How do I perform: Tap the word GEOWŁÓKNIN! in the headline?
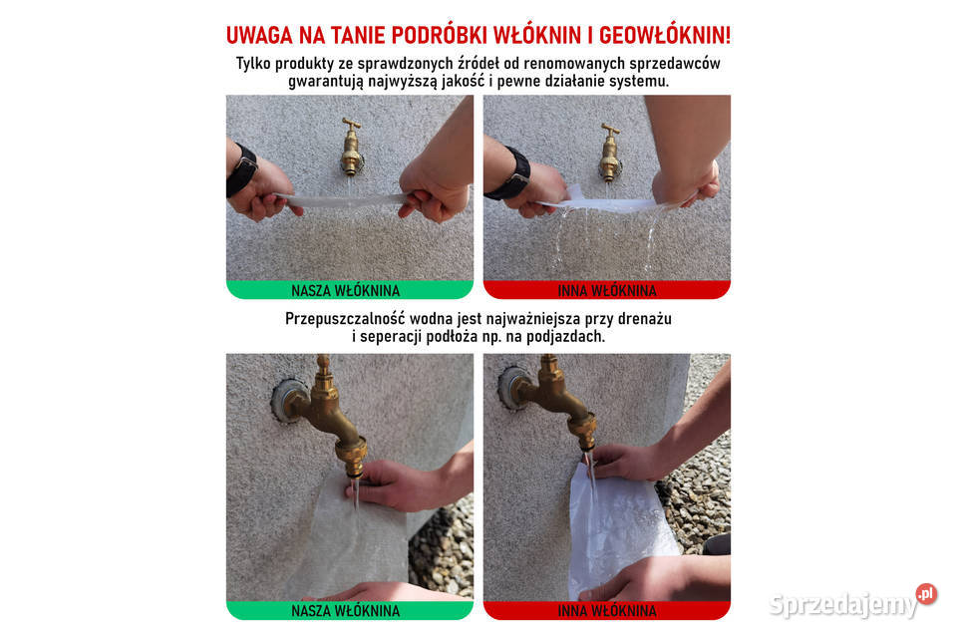click(666, 35)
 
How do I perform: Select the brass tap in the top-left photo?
click(351, 147)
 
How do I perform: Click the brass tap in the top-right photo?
click(609, 151)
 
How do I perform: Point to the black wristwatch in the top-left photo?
click(241, 170)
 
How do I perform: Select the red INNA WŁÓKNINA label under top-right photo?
click(606, 291)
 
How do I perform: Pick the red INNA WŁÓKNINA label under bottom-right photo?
click(606, 610)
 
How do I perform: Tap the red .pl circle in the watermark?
click(926, 594)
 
